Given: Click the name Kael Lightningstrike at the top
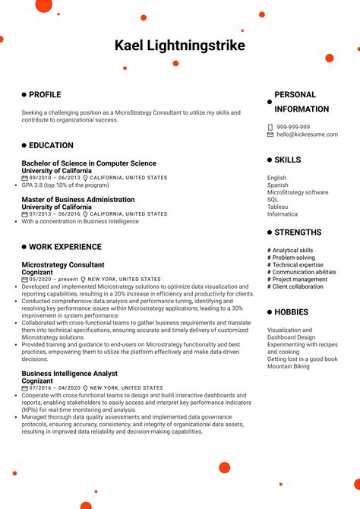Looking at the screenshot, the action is [x=180, y=46].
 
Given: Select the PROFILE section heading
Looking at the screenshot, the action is [x=45, y=95].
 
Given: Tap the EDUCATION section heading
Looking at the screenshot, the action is [x=51, y=145].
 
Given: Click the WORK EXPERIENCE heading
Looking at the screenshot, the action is [x=65, y=247].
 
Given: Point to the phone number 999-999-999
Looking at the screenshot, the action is [x=292, y=127].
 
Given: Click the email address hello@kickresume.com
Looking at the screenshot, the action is [x=303, y=134].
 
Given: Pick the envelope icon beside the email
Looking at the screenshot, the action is [x=270, y=134].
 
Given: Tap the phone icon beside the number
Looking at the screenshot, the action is [x=270, y=127].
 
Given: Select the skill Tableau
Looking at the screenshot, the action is [x=277, y=207].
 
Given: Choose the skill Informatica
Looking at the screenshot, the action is [x=282, y=214].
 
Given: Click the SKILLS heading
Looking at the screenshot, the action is [x=287, y=160].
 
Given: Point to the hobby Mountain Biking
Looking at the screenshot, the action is [x=289, y=366].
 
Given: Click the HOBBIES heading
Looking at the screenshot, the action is [x=291, y=312].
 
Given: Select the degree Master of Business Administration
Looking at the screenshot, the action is [x=77, y=200].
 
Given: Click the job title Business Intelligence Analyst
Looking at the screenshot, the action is [x=69, y=374].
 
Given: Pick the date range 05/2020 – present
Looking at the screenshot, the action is [x=53, y=280].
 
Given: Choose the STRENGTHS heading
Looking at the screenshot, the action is [x=297, y=232].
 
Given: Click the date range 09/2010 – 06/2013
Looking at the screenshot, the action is [x=54, y=178].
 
